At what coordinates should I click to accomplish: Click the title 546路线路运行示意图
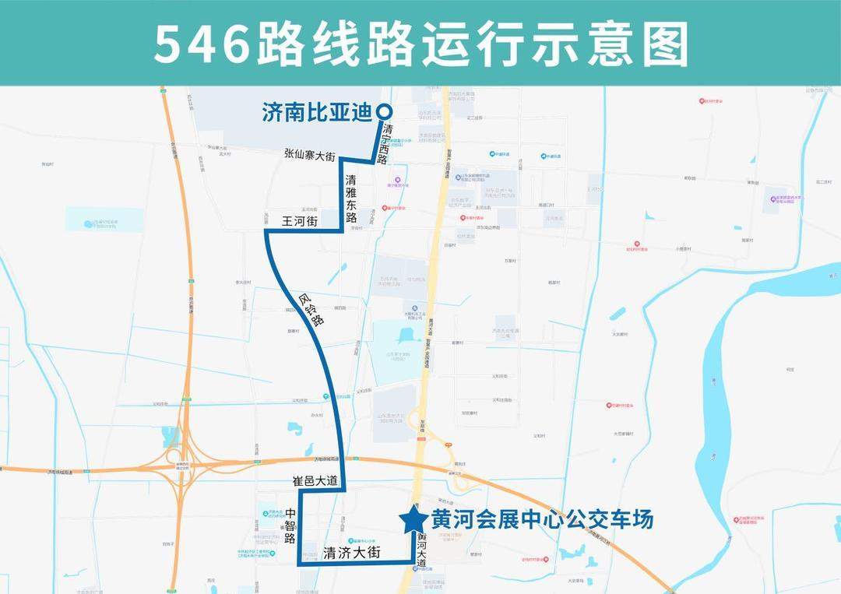pos(420,44)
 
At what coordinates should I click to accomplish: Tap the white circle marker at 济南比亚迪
pos(383,111)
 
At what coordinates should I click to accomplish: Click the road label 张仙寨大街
pos(309,157)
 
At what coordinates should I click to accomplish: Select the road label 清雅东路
pos(351,199)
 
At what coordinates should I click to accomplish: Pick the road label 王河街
pos(299,223)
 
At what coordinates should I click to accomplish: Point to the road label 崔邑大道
pos(315,481)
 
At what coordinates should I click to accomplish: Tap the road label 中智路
pos(290,526)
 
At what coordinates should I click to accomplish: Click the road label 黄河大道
pos(422,550)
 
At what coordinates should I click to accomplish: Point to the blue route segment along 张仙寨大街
pos(356,160)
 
